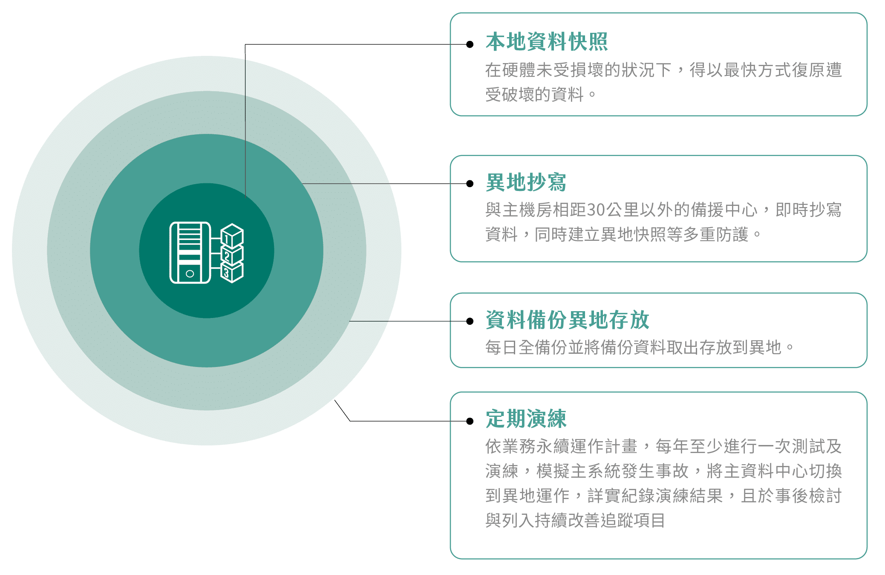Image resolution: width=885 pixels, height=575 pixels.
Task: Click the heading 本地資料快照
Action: pyautogui.click(x=547, y=41)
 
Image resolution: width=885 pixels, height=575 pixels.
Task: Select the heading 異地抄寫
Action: pyautogui.click(x=526, y=182)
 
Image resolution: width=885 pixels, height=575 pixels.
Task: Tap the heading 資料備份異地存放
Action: pyautogui.click(x=568, y=320)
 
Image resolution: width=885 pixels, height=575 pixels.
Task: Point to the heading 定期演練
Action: pyautogui.click(x=526, y=419)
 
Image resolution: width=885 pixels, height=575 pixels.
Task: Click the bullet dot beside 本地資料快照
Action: pyautogui.click(x=470, y=44)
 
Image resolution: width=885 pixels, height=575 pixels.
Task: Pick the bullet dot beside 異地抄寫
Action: pyautogui.click(x=470, y=184)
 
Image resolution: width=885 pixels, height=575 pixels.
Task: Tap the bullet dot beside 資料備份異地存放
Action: pyautogui.click(x=470, y=321)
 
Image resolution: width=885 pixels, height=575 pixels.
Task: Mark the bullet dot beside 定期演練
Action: pyautogui.click(x=470, y=421)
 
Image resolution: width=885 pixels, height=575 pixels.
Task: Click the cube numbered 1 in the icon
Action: pyautogui.click(x=232, y=236)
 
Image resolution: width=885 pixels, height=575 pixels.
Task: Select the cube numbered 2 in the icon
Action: pyautogui.click(x=232, y=254)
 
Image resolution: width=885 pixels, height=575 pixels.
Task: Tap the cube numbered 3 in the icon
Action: pyautogui.click(x=232, y=272)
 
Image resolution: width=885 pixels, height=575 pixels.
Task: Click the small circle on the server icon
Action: pyautogui.click(x=190, y=274)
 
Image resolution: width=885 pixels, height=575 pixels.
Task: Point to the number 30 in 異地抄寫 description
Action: pyautogui.click(x=596, y=210)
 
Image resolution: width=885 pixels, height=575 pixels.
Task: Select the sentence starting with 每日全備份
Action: pyautogui.click(x=639, y=347)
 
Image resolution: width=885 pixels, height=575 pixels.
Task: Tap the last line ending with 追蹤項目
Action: pyautogui.click(x=575, y=520)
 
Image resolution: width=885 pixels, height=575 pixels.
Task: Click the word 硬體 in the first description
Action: pyautogui.click(x=519, y=70)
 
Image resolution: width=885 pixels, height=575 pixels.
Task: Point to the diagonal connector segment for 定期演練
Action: pyautogui.click(x=342, y=410)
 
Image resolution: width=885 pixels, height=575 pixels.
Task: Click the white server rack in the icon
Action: pyautogui.click(x=190, y=252)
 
